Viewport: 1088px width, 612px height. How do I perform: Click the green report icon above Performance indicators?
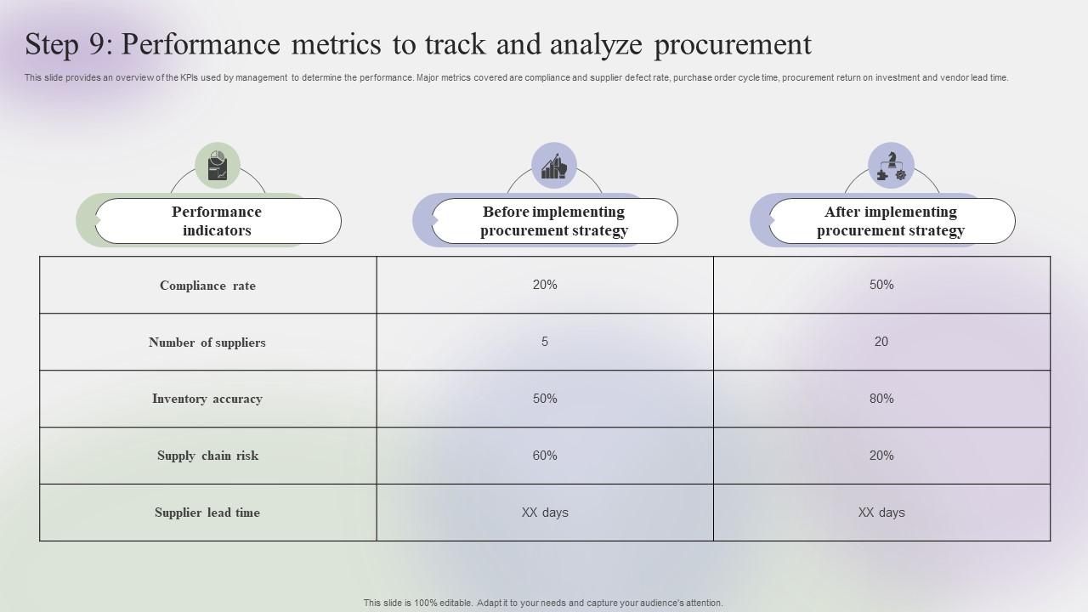click(217, 165)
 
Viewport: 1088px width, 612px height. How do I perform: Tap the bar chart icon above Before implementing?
click(553, 165)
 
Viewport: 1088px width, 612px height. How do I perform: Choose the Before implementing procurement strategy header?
click(555, 221)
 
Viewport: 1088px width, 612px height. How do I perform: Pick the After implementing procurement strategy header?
click(892, 221)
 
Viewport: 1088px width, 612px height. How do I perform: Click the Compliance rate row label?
click(207, 286)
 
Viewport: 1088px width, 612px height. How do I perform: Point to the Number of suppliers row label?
click(207, 343)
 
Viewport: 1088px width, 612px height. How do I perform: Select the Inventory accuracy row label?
click(207, 399)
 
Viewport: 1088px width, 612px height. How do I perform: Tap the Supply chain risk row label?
click(207, 456)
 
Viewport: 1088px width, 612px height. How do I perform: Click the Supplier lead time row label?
click(207, 513)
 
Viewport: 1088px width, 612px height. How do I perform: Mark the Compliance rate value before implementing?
click(545, 285)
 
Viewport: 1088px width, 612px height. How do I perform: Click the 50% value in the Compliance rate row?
click(881, 285)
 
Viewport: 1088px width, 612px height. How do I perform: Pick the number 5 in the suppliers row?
click(545, 342)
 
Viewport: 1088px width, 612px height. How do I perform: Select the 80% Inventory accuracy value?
click(881, 399)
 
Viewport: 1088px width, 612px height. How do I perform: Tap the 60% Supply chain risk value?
click(545, 455)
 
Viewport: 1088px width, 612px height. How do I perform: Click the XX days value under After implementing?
click(881, 513)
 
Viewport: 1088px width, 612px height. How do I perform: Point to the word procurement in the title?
click(733, 45)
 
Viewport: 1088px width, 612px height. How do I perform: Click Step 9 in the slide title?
click(69, 44)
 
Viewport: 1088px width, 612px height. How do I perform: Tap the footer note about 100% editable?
click(543, 603)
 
